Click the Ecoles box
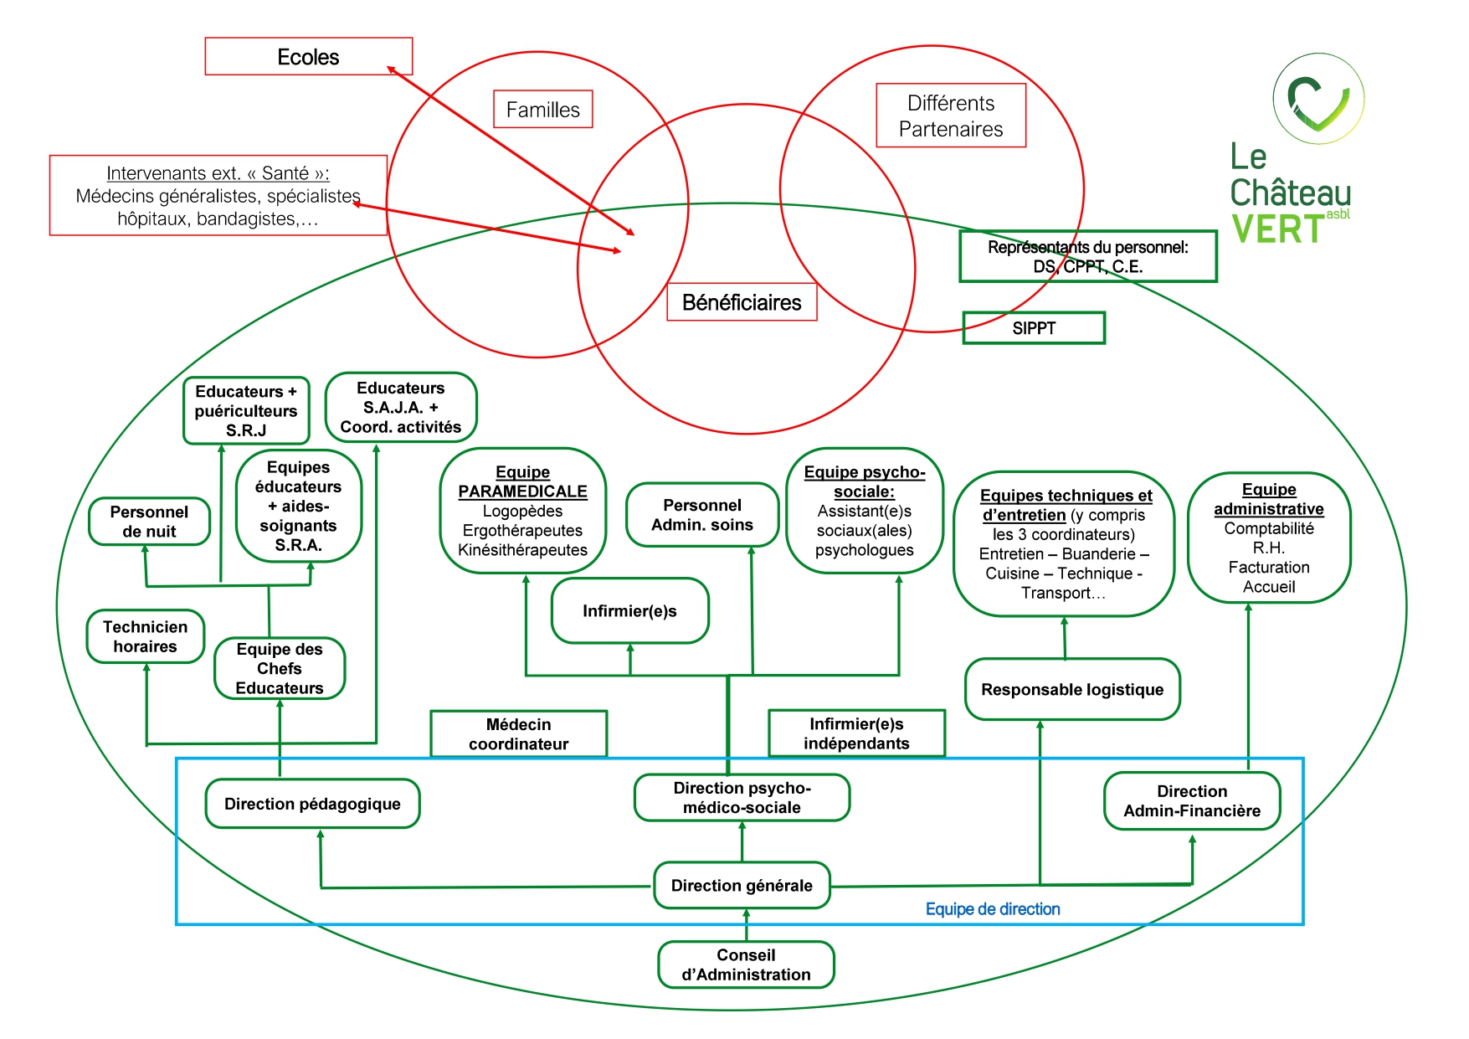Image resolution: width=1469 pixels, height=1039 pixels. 308,57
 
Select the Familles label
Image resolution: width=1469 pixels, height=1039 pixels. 542,110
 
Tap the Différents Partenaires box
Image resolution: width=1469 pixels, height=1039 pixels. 950,116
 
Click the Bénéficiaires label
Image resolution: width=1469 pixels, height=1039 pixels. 742,302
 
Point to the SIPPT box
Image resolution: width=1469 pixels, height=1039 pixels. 1034,328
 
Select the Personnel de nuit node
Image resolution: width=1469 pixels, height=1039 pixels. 149,522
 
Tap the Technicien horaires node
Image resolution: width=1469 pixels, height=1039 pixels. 146,636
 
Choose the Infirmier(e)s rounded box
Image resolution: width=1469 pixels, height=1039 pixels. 629,611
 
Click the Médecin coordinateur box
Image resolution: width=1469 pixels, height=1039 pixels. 518,734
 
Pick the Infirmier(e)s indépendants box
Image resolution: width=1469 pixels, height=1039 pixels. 856,733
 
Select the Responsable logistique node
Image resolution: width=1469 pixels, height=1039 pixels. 1072,690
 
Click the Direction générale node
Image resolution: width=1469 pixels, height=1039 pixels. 742,886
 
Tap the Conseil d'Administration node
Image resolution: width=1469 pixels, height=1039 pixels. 746,964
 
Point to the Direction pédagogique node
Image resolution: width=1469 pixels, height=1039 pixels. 312,804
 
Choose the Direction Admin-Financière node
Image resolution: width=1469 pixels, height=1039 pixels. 1192,801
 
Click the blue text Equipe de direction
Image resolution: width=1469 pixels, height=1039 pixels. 993,909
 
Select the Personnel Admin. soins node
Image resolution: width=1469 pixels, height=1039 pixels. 702,515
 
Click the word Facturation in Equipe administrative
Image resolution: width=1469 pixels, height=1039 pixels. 1269,568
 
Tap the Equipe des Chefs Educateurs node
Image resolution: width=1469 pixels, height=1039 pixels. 280,668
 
